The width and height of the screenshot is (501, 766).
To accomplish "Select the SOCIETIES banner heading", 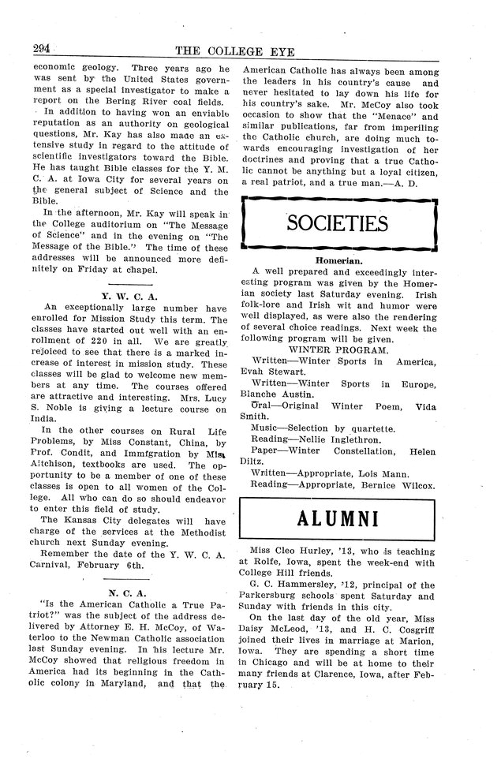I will coord(338,224).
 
